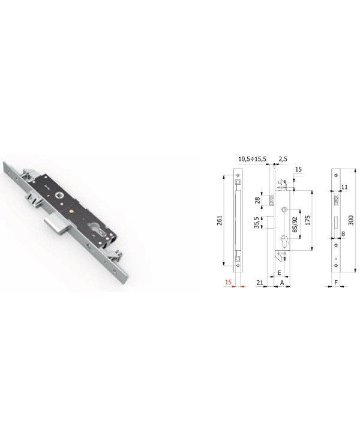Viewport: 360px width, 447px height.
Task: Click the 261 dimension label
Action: click(x=220, y=220)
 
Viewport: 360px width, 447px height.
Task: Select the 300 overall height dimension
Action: click(x=351, y=220)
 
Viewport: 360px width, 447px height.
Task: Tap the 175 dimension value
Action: click(x=308, y=220)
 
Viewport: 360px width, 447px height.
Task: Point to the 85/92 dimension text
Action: click(x=295, y=224)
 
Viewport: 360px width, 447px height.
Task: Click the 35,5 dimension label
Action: click(x=257, y=223)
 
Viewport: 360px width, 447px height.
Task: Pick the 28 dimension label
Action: click(x=258, y=200)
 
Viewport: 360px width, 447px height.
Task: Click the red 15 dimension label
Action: click(x=228, y=282)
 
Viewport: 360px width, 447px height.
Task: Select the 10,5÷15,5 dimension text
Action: click(x=252, y=159)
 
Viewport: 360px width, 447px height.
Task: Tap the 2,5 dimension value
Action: click(x=283, y=159)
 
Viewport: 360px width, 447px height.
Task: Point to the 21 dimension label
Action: click(x=259, y=282)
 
